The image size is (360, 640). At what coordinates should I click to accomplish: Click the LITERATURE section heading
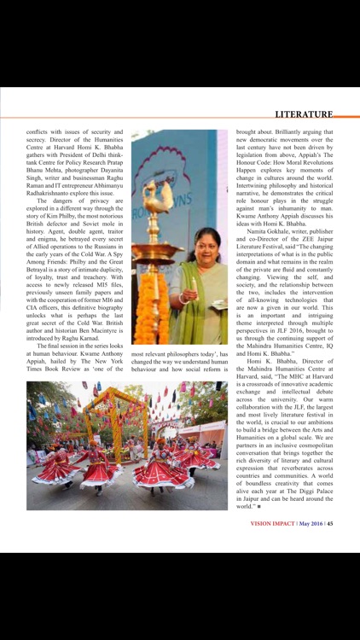[303, 114]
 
